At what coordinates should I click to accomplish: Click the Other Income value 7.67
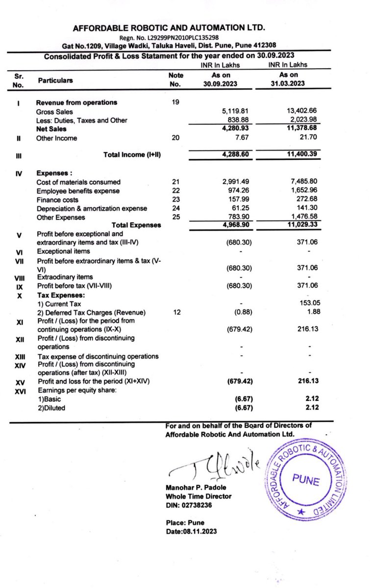tap(244, 138)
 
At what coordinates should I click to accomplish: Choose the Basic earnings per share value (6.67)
tap(243, 399)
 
